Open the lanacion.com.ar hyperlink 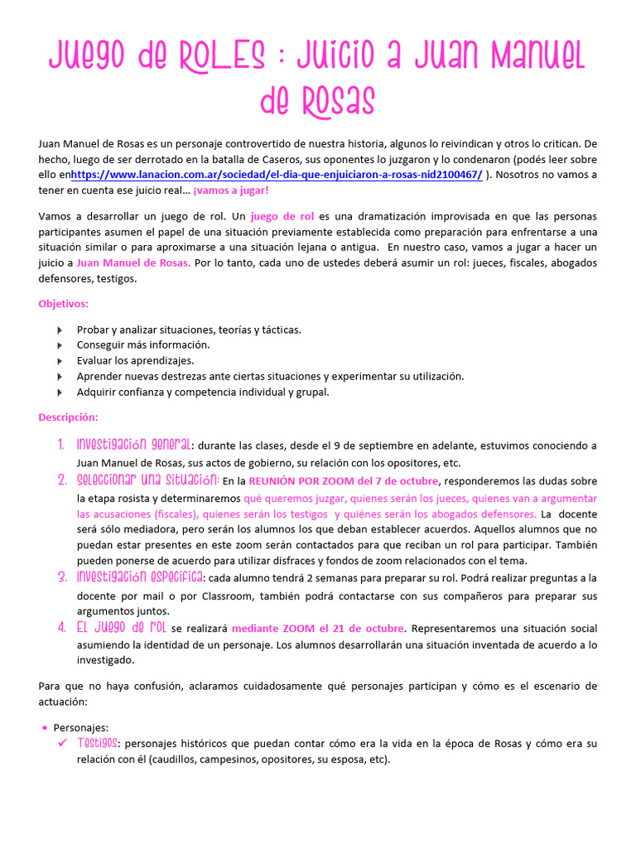pos(276,175)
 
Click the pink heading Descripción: pos(69,417)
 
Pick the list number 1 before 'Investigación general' pos(61,446)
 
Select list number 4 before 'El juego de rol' pos(61,627)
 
